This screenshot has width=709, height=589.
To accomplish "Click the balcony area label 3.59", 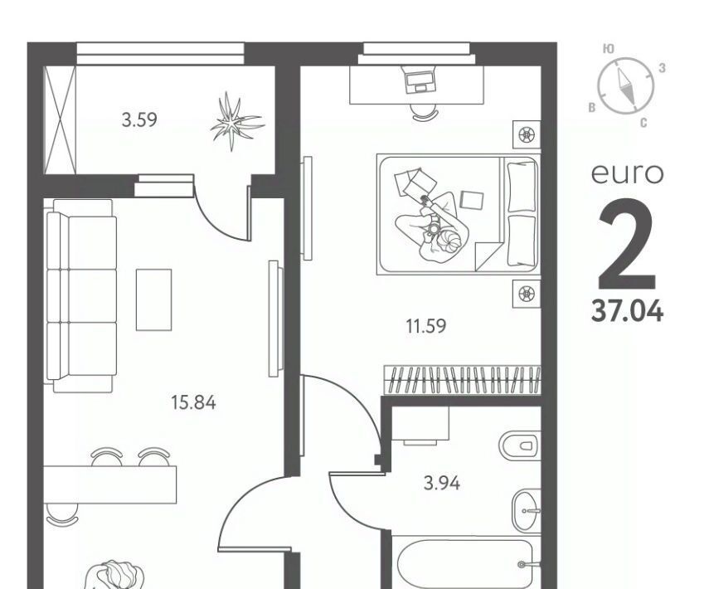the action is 139,120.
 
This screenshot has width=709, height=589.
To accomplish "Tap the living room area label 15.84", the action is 193,402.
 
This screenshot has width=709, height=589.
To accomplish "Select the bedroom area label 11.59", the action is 426,326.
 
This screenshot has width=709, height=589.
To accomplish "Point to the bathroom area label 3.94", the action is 442,483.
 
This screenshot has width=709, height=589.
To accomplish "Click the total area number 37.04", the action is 627,312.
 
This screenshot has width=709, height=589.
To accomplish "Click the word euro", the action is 627,173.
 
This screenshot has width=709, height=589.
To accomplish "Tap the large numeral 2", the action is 627,243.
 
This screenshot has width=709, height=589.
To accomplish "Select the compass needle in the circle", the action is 626,85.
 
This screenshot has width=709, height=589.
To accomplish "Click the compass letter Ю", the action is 609,49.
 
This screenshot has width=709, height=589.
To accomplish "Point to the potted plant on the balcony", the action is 236,121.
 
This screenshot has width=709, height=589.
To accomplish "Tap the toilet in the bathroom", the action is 520,445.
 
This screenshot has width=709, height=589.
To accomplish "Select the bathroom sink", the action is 527,510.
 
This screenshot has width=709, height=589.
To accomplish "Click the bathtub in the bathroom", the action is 466,562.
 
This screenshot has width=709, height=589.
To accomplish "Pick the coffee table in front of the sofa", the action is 153,300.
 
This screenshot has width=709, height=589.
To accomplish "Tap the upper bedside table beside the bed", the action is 527,134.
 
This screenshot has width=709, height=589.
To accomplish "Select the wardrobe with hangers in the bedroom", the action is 463,379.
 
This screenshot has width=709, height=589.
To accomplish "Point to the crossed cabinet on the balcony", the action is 60,119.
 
